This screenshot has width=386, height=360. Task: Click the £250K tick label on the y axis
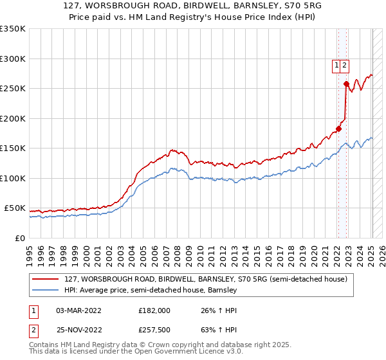tap(13, 89)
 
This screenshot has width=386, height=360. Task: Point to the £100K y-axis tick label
tap(13, 178)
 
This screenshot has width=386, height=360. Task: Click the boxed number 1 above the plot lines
tap(336, 65)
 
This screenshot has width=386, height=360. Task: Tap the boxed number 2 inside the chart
tap(345, 65)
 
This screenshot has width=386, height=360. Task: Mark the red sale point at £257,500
tap(346, 84)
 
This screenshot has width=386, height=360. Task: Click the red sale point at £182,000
tap(338, 129)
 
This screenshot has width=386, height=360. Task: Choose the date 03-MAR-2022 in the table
tap(78, 310)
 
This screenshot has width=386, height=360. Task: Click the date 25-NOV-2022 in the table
tap(78, 331)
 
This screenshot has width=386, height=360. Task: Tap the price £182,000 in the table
tap(154, 310)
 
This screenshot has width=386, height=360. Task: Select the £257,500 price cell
tap(154, 331)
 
